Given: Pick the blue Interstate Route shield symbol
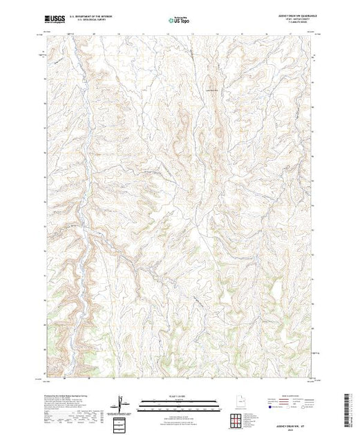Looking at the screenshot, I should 266,408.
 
